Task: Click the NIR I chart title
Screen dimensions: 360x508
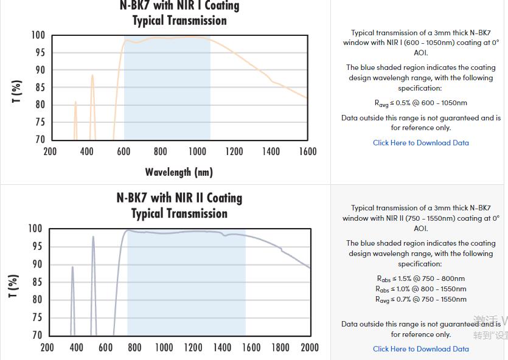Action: coord(179,13)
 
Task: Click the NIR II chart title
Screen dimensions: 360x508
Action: coord(179,206)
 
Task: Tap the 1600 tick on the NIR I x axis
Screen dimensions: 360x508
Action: coord(307,151)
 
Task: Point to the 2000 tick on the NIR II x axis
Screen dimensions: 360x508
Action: coord(310,347)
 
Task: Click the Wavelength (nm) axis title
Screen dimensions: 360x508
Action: coord(179,172)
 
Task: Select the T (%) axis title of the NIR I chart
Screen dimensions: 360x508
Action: coord(17,91)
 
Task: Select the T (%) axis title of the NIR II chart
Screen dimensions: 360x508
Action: coord(13,286)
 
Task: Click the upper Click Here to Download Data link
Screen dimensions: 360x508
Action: coord(421,143)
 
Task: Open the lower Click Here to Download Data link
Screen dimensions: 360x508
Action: coord(421,349)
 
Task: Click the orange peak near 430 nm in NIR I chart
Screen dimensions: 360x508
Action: coord(92,77)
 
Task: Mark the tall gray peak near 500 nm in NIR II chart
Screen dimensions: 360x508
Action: coord(93,238)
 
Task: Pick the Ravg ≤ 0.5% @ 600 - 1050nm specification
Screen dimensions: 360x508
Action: coord(421,103)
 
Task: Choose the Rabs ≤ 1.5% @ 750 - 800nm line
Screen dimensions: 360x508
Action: coord(421,279)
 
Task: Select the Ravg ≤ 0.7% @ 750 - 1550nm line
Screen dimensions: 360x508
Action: coord(421,299)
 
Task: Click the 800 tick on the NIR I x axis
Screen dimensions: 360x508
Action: coord(161,151)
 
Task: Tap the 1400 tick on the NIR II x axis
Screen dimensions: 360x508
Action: coord(222,347)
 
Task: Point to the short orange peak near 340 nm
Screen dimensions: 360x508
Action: coord(75,103)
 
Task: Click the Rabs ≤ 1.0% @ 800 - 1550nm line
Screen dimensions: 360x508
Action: coord(421,289)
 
